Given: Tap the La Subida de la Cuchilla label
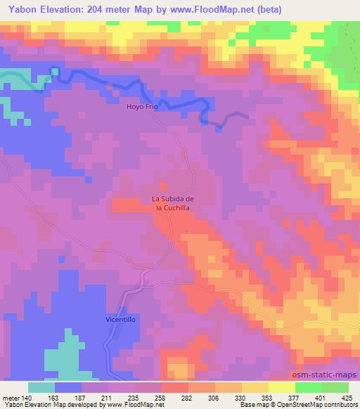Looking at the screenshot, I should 173,203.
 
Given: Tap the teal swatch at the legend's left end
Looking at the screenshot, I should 41,387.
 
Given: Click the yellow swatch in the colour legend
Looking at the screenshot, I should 282,387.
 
